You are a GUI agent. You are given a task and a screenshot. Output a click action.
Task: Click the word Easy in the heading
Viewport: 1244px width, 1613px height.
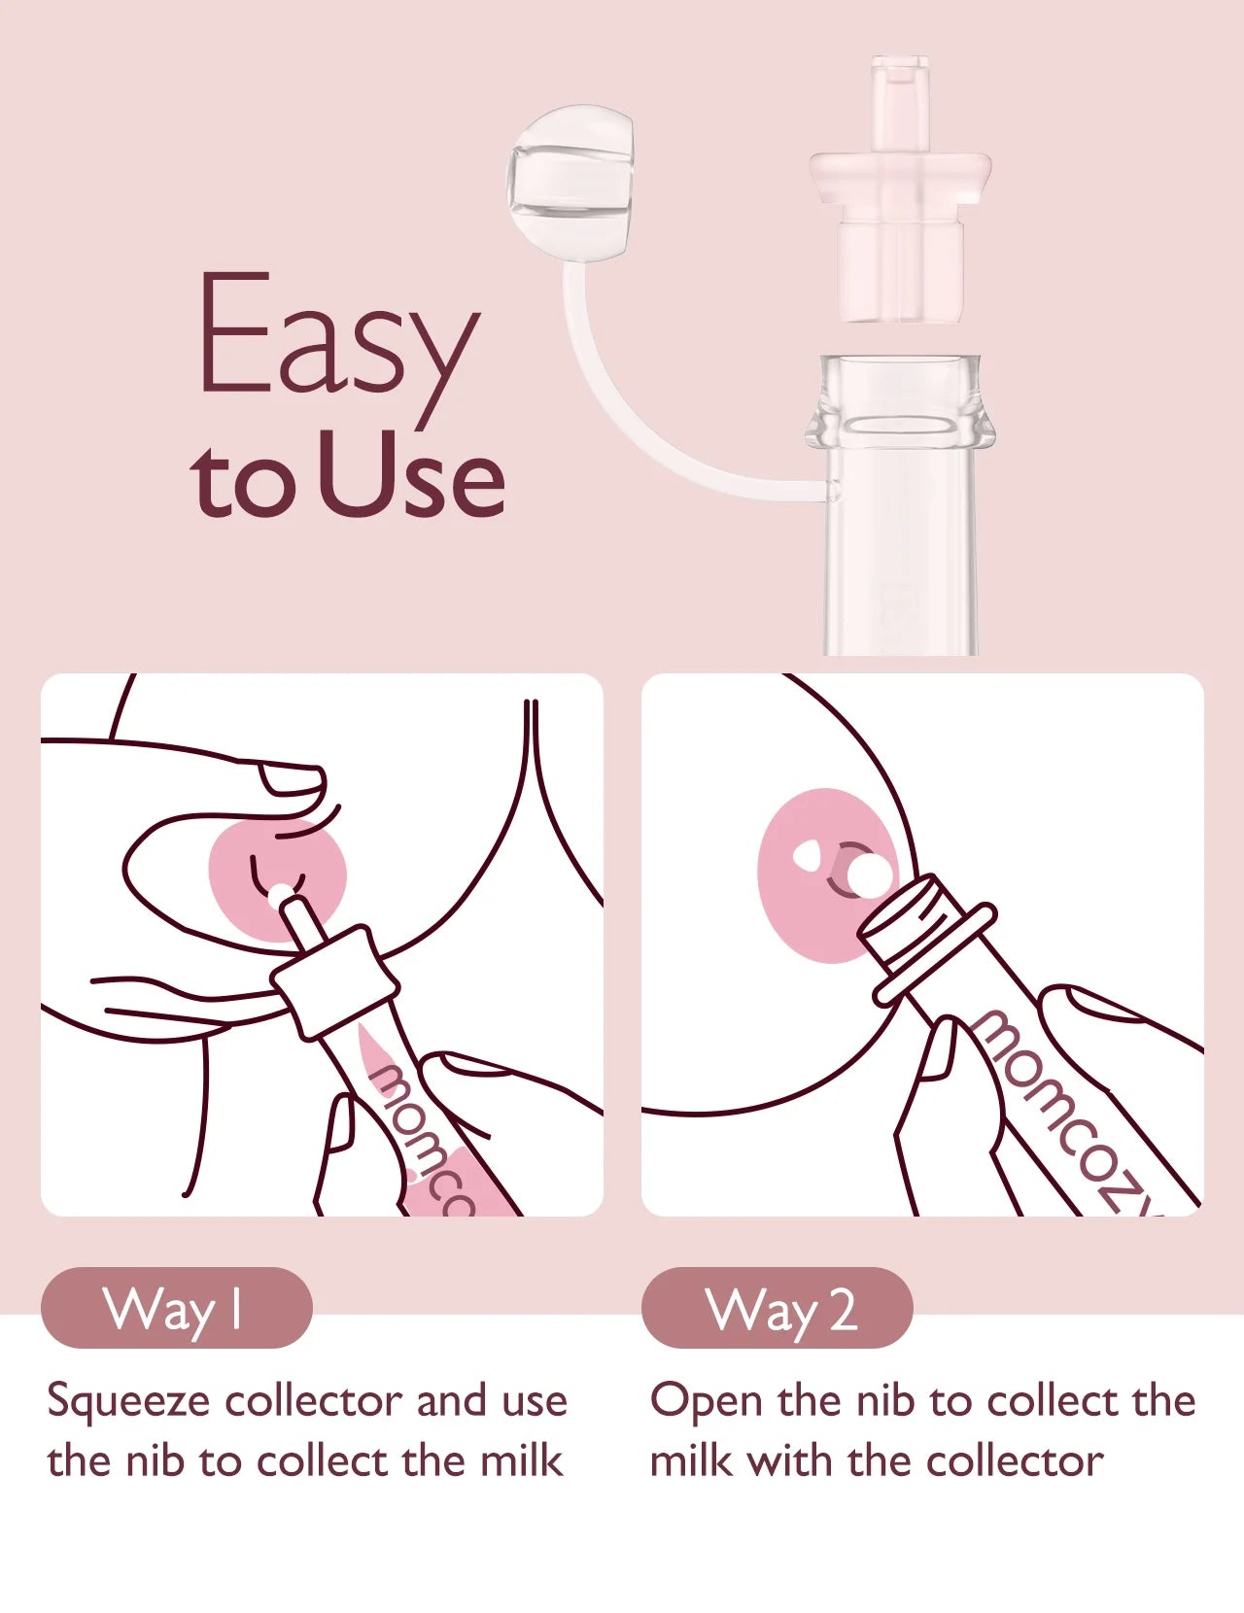pyautogui.click(x=338, y=349)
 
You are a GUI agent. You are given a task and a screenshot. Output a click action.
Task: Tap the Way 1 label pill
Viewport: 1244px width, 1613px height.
pyautogui.click(x=177, y=1309)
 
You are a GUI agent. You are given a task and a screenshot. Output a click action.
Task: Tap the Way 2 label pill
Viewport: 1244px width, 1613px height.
pyautogui.click(x=777, y=1309)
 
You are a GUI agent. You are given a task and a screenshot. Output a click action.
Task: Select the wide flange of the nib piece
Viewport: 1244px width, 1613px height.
pyautogui.click(x=900, y=177)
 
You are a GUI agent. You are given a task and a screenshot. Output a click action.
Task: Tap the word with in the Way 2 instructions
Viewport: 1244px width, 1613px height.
pyautogui.click(x=789, y=1460)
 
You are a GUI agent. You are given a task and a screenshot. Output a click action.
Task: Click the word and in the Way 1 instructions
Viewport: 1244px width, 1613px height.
pyautogui.click(x=451, y=1401)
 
